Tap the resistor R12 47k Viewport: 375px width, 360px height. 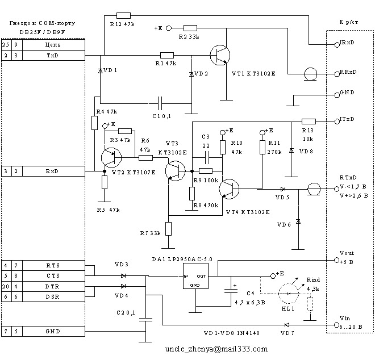(x=123, y=15)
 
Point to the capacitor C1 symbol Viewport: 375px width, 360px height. (x=160, y=103)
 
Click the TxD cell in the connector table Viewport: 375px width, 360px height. (x=53, y=55)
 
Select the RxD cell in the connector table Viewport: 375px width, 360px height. (x=53, y=170)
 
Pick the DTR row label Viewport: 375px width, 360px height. (x=53, y=286)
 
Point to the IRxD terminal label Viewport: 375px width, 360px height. (x=348, y=43)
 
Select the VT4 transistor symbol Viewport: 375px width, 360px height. (x=231, y=189)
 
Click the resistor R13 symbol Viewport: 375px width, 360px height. (x=309, y=121)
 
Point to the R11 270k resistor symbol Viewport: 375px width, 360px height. (x=262, y=147)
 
